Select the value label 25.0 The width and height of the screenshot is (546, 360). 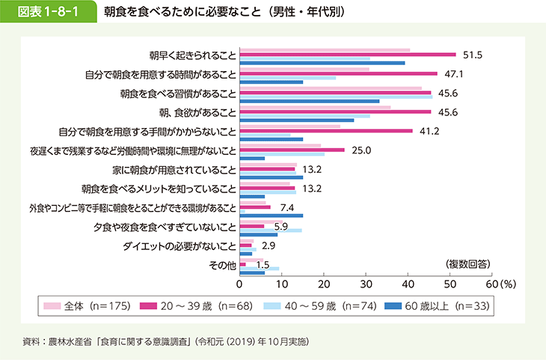click(x=362, y=150)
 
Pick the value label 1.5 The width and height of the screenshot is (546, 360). click(x=263, y=264)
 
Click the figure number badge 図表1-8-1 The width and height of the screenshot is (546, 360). click(x=49, y=13)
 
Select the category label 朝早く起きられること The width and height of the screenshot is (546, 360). click(x=193, y=55)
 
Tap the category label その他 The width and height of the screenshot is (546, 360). click(x=223, y=264)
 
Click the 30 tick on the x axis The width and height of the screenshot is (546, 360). click(x=366, y=284)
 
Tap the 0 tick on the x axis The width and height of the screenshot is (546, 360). click(x=239, y=284)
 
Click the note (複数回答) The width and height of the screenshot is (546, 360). click(x=469, y=263)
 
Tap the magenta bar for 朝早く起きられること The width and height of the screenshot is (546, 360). click(x=348, y=55)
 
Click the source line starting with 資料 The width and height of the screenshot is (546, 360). click(x=165, y=342)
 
